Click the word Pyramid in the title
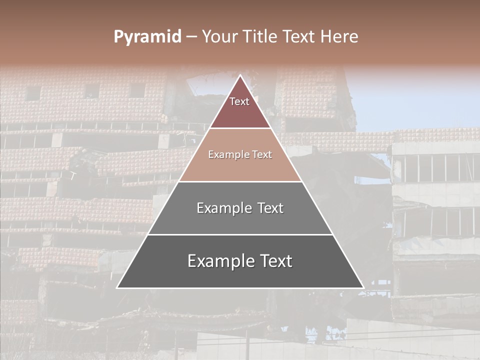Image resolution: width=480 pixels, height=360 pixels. pyautogui.click(x=147, y=37)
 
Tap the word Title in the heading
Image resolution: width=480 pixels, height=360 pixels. pyautogui.click(x=262, y=36)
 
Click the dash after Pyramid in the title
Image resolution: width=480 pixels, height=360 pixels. pyautogui.click(x=191, y=37)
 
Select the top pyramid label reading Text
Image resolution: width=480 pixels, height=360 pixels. pyautogui.click(x=239, y=101)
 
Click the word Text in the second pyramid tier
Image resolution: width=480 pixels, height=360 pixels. pyautogui.click(x=261, y=154)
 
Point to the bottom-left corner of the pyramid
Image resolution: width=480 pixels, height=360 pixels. pyautogui.click(x=117, y=287)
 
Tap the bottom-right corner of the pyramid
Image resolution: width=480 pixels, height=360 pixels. pyautogui.click(x=363, y=287)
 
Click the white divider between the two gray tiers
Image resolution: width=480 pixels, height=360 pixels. pyautogui.click(x=240, y=234)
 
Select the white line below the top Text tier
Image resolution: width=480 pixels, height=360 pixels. pyautogui.click(x=240, y=128)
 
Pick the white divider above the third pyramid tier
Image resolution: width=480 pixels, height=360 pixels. pyautogui.click(x=240, y=181)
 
